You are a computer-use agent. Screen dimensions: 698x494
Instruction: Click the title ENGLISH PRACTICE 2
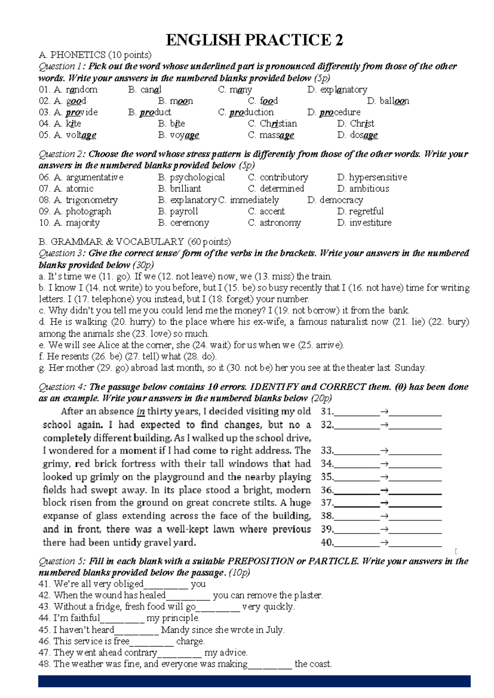tap(254, 40)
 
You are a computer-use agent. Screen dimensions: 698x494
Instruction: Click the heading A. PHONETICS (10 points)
tap(95, 55)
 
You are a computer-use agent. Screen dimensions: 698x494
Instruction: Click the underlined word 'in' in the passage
tap(141, 411)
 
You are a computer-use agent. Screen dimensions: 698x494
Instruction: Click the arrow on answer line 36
tap(384, 491)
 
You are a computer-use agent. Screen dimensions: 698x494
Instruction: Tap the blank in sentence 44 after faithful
tap(122, 619)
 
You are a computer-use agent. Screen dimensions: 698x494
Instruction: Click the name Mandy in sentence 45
tap(175, 630)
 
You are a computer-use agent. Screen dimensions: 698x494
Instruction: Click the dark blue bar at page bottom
tap(254, 681)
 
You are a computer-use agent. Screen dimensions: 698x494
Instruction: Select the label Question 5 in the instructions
tap(62, 561)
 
